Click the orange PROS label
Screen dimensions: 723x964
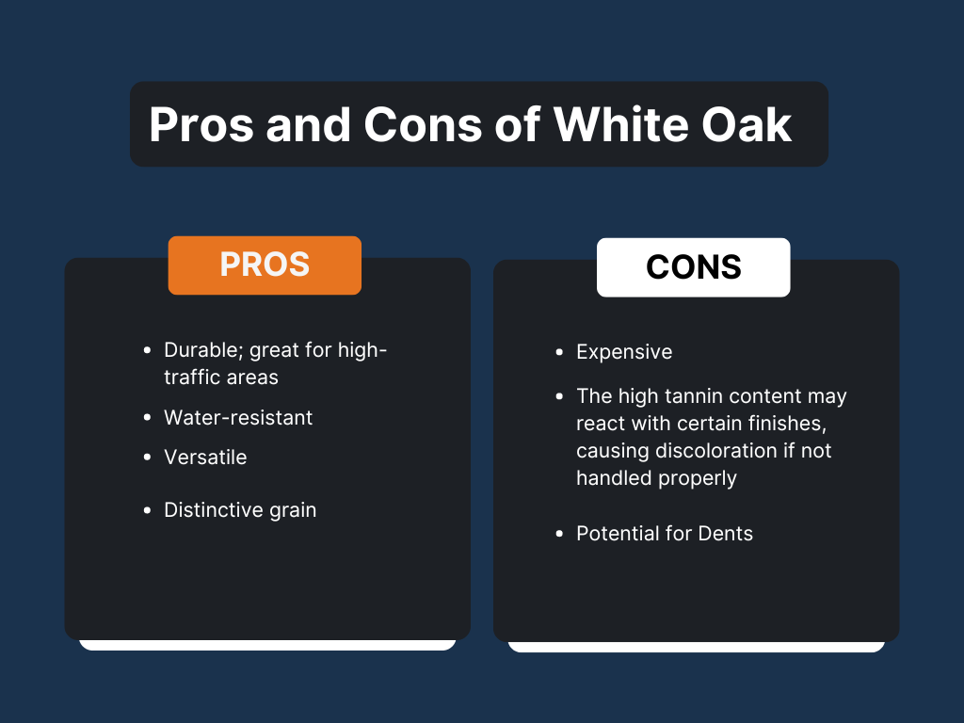265,265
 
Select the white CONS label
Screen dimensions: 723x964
694,266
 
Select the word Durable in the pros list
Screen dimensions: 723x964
201,350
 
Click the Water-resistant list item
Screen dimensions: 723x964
238,417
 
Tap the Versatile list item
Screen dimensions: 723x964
205,458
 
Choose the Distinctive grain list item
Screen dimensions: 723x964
240,510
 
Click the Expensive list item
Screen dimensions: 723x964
624,352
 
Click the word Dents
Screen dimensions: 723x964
725,534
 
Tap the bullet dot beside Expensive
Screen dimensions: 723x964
558,352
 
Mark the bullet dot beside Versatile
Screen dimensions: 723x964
146,458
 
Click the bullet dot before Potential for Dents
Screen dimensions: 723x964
558,534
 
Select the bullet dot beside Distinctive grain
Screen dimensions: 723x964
146,510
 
